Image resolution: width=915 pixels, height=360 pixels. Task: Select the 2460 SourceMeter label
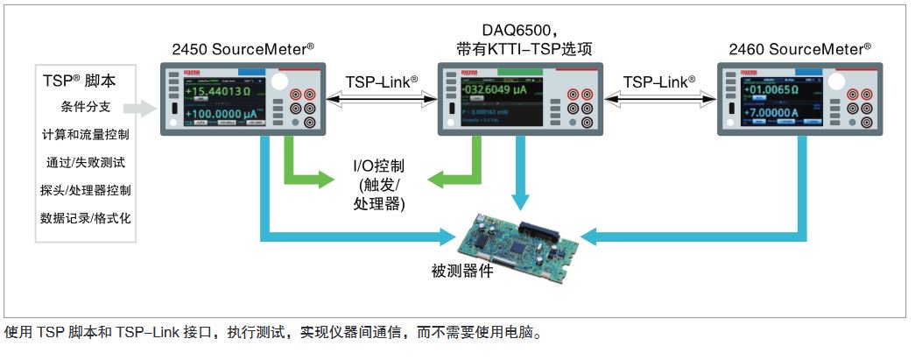pos(800,50)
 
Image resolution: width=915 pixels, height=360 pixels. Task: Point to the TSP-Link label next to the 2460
pos(659,81)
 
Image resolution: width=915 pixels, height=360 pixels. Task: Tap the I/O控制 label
pos(378,165)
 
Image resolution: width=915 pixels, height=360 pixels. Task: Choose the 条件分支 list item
pos(86,109)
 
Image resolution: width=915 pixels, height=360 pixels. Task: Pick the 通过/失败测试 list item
pos(86,162)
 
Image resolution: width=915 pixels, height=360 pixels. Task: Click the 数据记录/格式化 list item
pos(86,217)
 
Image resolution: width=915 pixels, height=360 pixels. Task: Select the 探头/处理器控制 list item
pos(86,189)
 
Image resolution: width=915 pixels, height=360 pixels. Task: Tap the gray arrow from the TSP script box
pos(140,109)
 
